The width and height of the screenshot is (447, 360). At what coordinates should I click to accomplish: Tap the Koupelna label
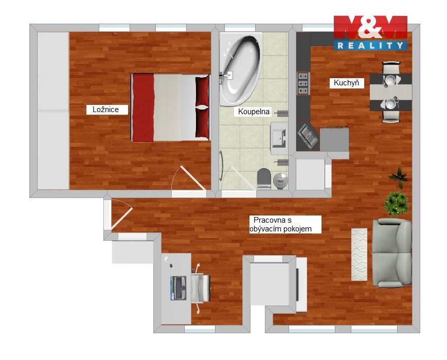[254, 112]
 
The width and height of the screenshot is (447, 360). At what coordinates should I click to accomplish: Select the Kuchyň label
[347, 83]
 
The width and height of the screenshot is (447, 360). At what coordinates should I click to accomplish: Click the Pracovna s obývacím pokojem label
[285, 224]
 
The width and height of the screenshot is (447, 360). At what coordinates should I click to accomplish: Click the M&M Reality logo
[370, 33]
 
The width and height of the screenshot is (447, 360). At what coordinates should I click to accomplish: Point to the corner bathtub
[240, 69]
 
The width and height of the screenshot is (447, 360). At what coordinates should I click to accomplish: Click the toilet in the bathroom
[264, 178]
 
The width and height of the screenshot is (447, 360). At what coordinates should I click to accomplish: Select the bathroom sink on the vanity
[279, 138]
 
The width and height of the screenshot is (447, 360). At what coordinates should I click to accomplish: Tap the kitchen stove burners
[303, 83]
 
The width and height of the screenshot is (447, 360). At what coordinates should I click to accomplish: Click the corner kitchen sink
[308, 136]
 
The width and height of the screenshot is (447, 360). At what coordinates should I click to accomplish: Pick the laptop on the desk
[178, 288]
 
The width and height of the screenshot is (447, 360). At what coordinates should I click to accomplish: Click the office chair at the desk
[201, 288]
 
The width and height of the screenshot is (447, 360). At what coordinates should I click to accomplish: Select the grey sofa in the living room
[392, 253]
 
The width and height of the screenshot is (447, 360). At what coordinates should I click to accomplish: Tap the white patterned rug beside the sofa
[359, 254]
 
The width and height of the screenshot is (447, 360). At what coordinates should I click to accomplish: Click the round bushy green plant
[397, 203]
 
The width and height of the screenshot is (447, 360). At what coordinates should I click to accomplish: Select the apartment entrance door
[122, 214]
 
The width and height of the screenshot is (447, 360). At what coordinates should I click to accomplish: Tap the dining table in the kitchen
[391, 92]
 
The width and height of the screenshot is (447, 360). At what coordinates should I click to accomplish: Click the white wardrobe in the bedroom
[53, 111]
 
